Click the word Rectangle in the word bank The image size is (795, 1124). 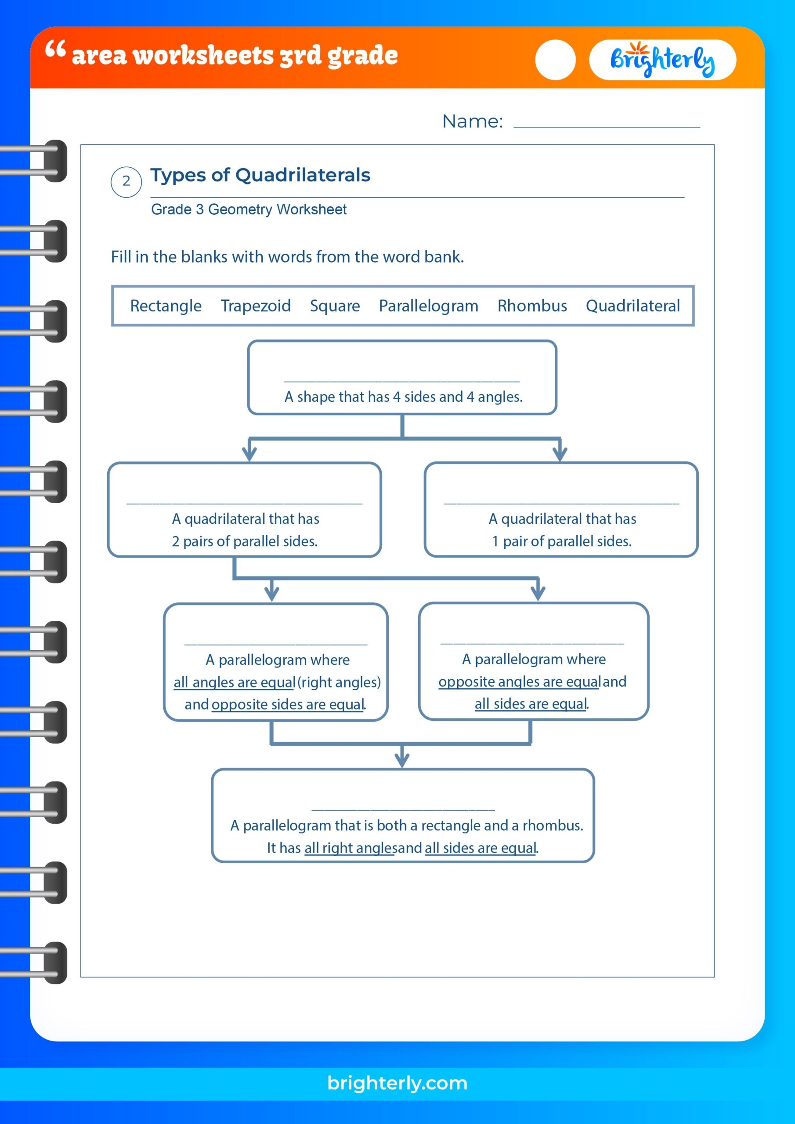(x=166, y=306)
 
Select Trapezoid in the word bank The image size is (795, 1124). (x=256, y=306)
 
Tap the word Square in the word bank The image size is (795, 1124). (x=335, y=306)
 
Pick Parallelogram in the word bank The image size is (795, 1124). (x=429, y=306)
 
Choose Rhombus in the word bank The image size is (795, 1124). (x=532, y=306)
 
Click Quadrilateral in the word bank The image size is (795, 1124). (x=633, y=306)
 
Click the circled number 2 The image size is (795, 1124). (x=126, y=181)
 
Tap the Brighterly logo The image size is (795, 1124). (x=662, y=60)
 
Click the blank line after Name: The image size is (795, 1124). (x=607, y=123)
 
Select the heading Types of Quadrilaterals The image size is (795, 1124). (x=260, y=175)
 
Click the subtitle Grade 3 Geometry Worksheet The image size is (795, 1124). (x=249, y=209)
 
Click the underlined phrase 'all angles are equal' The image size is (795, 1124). (x=235, y=682)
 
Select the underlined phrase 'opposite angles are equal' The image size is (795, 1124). (x=519, y=682)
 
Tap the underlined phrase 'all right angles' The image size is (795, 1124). (x=349, y=848)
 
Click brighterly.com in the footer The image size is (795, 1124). (x=397, y=1083)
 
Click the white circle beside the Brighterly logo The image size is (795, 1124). (x=555, y=60)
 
